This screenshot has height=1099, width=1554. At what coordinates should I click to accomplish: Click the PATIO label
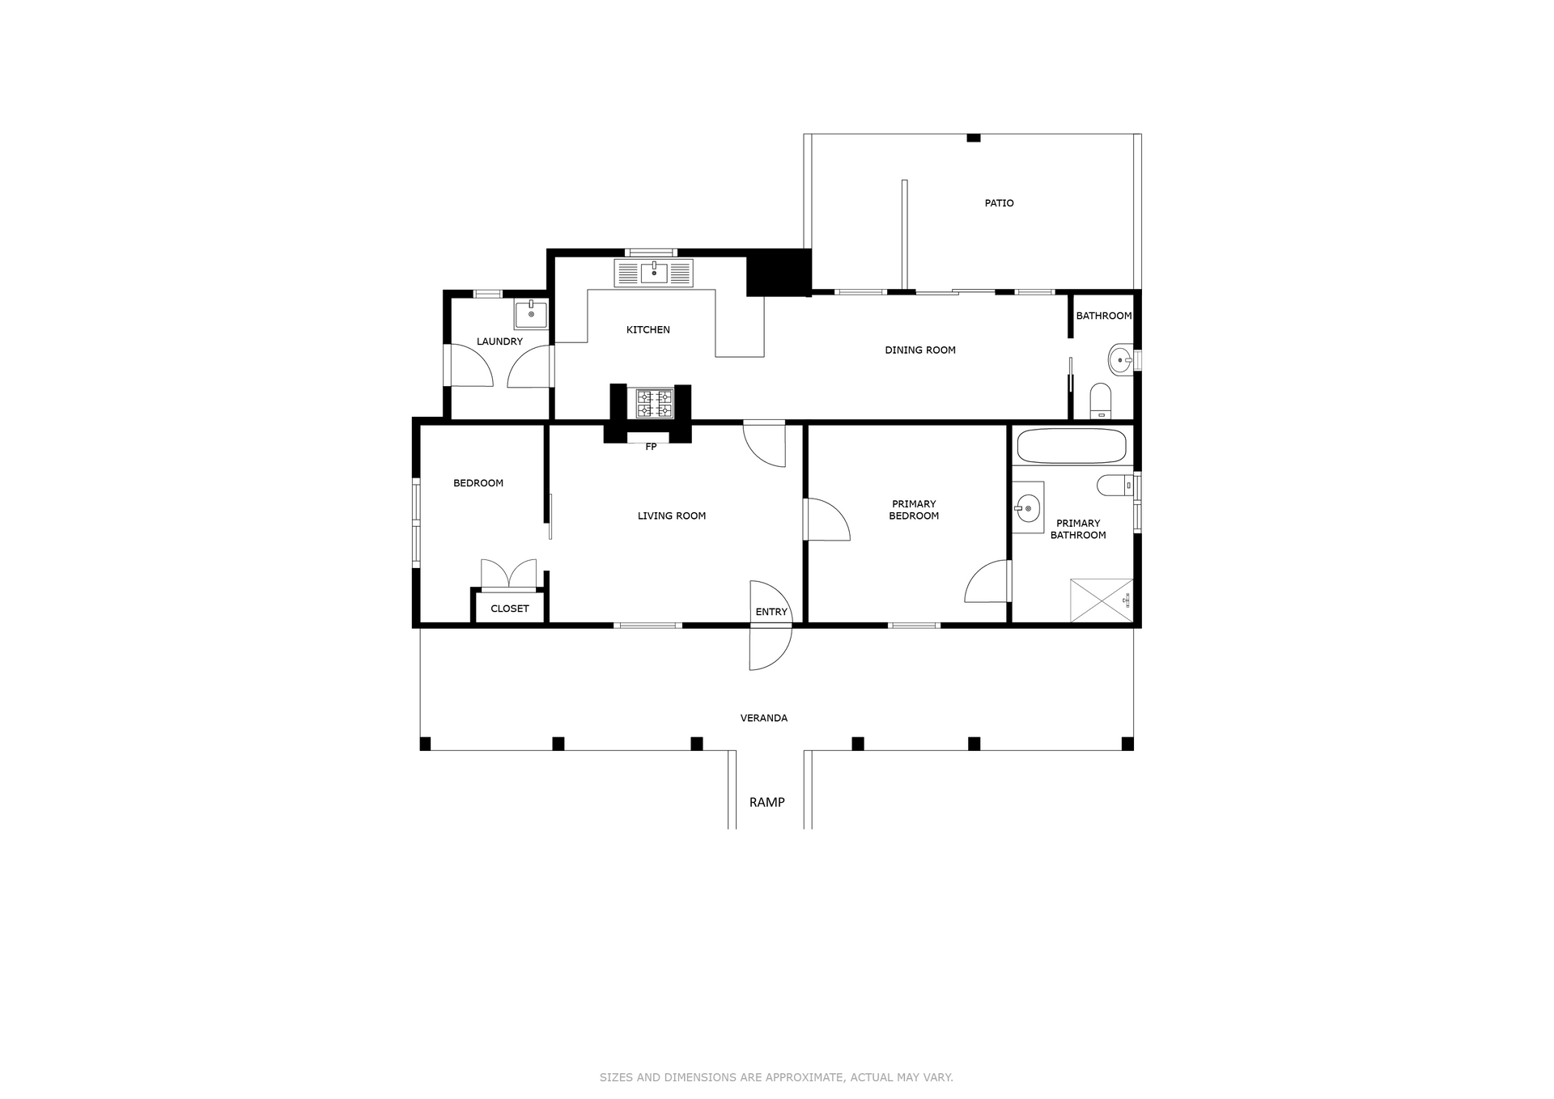[x=999, y=203]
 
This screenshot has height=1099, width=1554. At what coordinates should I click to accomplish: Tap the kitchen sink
[x=654, y=273]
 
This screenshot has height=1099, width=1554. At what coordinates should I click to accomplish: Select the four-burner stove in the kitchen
[x=654, y=404]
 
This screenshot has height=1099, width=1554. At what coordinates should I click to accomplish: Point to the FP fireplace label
[x=651, y=447]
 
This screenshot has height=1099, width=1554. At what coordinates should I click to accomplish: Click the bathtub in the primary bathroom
[x=1072, y=445]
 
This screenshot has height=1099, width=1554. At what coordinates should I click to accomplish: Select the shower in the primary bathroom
[x=1102, y=600]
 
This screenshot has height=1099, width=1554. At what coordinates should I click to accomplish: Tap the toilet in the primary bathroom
[x=1116, y=486]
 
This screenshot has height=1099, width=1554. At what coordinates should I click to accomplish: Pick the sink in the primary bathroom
[x=1028, y=507]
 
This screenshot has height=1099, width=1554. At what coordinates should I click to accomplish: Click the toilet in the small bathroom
[x=1101, y=401]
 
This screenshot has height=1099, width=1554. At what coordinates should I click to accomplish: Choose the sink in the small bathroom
[x=1121, y=360]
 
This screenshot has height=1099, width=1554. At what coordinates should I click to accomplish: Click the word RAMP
[x=766, y=802]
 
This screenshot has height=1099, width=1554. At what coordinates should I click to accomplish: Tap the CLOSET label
[x=510, y=609]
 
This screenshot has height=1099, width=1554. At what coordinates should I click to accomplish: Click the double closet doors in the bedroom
[x=508, y=573]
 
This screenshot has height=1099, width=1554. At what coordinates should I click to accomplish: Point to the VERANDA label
[x=764, y=718]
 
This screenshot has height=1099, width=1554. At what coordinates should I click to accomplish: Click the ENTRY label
[x=771, y=612]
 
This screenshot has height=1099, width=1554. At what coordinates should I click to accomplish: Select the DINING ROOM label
[x=920, y=350]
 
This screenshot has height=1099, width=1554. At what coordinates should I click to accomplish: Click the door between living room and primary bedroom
[x=826, y=520]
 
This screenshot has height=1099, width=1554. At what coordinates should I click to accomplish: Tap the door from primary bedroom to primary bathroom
[x=988, y=581]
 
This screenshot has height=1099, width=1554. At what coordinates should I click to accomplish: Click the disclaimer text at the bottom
[x=776, y=1077]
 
